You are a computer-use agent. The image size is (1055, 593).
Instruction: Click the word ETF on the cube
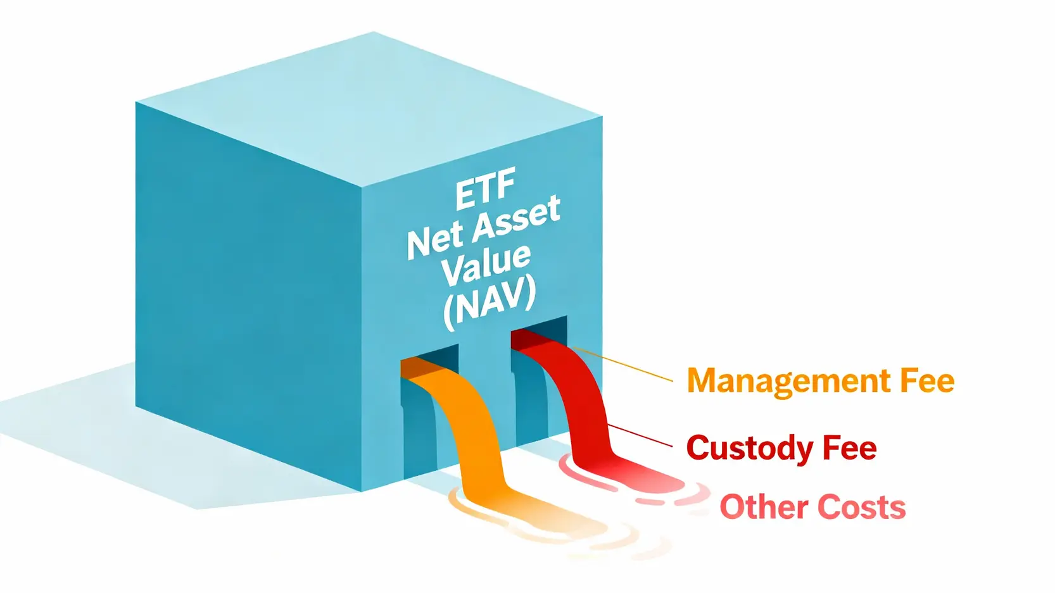485,189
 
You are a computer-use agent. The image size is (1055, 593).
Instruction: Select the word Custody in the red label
749,449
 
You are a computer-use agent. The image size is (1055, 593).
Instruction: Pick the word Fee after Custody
849,448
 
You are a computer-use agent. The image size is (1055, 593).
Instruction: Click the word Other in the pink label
763,507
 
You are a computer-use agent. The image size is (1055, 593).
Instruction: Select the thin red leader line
640,435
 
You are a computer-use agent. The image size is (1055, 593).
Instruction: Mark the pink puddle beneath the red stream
627,481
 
